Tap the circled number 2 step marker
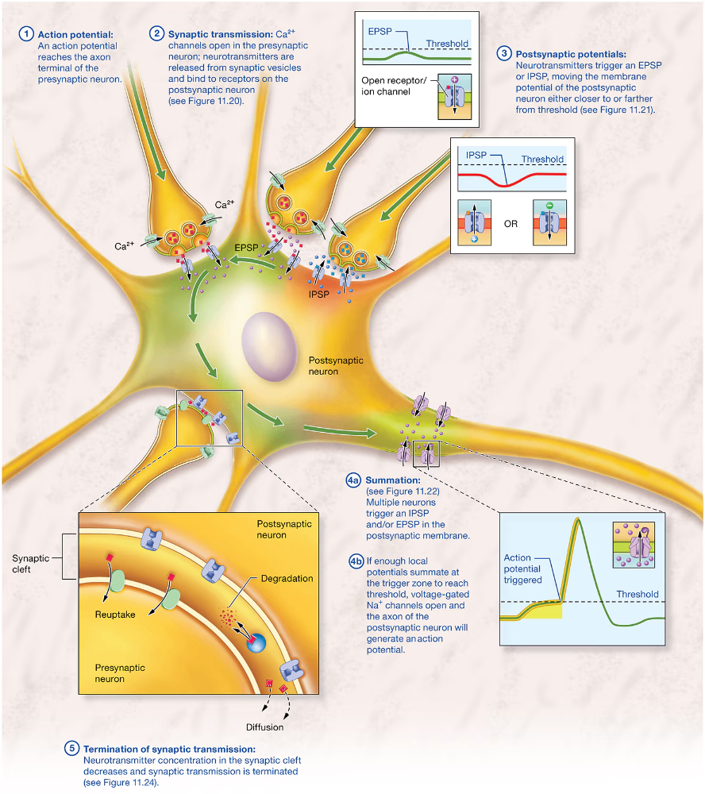pyautogui.click(x=157, y=34)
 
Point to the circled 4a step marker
pyautogui.click(x=353, y=480)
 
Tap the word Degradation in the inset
pyautogui.click(x=287, y=579)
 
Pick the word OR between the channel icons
pyautogui.click(x=510, y=224)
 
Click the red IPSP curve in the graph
pyautogui.click(x=508, y=183)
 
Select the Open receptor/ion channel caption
pyautogui.click(x=392, y=86)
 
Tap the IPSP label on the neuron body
pyautogui.click(x=318, y=293)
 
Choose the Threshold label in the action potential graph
pyautogui.click(x=637, y=594)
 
